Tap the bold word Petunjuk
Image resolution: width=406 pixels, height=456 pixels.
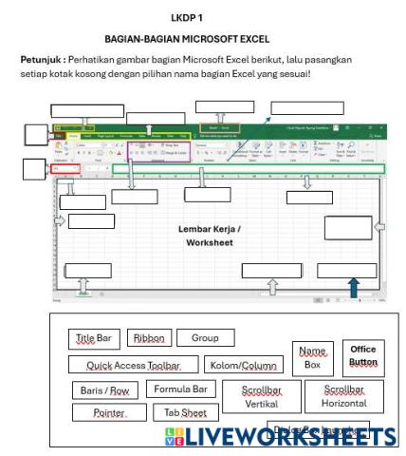pyautogui.click(x=40, y=59)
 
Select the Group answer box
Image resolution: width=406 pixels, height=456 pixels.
pyautogui.click(x=205, y=338)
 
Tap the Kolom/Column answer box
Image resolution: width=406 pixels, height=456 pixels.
pyautogui.click(x=244, y=365)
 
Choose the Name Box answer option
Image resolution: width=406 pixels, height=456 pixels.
pyautogui.click(x=311, y=358)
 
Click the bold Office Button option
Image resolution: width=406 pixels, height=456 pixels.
pyautogui.click(x=363, y=355)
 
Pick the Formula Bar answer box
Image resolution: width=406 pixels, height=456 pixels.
pyautogui.click(x=180, y=389)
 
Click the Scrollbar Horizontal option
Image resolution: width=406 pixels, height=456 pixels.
pyautogui.click(x=350, y=396)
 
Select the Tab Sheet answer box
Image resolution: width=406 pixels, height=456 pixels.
pyautogui.click(x=185, y=413)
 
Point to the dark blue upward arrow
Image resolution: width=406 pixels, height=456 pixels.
pyautogui.click(x=354, y=286)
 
